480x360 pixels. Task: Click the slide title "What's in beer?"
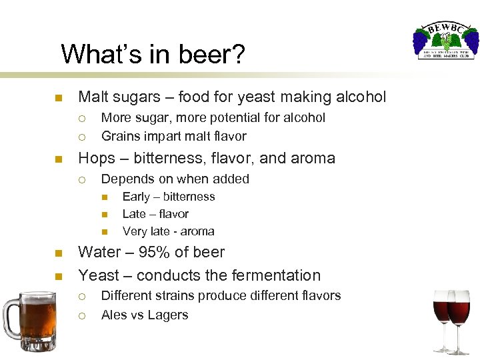153,54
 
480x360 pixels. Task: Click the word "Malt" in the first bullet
95,97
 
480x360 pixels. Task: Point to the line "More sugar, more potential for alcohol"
213,118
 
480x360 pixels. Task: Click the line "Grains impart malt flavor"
173,137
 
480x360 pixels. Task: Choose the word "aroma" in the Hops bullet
313,159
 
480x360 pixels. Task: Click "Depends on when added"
175,179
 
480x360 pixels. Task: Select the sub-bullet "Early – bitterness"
169,197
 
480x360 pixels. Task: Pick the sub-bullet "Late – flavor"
155,214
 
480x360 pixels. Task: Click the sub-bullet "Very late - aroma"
168,231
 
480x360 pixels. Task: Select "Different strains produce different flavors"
221,295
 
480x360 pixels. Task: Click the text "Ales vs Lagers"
145,315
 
